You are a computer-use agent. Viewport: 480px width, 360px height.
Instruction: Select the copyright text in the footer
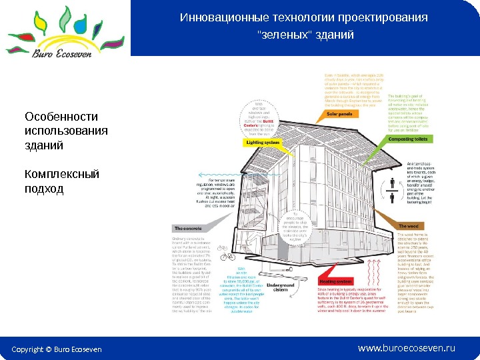pos(57,349)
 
